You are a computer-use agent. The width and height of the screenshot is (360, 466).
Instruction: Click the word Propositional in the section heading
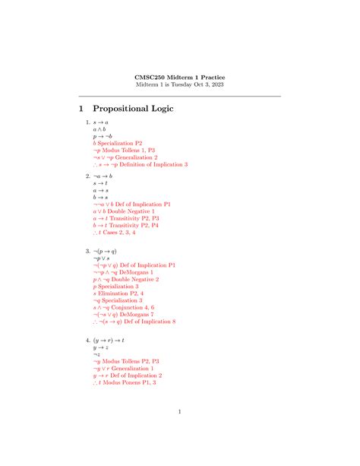pyautogui.click(x=115, y=109)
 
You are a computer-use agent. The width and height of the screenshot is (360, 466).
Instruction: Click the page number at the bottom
pyautogui.click(x=180, y=412)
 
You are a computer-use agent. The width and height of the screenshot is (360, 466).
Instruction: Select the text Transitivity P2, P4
pyautogui.click(x=132, y=226)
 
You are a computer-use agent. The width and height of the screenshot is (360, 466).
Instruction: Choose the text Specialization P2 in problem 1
pyautogui.click(x=120, y=143)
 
